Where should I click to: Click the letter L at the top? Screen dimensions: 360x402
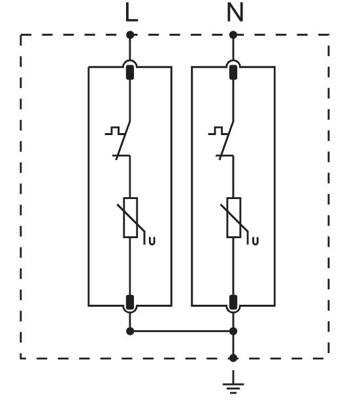click(131, 13)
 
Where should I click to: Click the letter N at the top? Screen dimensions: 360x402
click(235, 13)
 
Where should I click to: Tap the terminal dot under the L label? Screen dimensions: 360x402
click(131, 35)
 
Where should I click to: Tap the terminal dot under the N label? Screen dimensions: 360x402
click(233, 35)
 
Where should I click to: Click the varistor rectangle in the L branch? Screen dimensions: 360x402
click(131, 218)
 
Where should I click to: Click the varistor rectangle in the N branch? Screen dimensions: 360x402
click(234, 218)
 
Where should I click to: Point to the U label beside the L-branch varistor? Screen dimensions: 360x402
click(152, 241)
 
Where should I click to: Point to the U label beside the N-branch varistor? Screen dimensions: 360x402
click(255, 241)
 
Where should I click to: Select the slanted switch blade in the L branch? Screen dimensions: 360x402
click(123, 140)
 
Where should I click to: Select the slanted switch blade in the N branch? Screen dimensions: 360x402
click(227, 140)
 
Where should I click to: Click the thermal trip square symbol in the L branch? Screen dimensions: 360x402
click(114, 131)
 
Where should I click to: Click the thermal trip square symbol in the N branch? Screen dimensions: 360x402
click(218, 131)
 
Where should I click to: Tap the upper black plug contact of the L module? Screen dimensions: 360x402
click(131, 72)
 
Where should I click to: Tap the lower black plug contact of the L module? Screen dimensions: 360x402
click(131, 302)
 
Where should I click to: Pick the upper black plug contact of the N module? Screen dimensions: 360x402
click(233, 72)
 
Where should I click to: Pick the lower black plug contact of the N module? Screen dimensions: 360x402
click(233, 302)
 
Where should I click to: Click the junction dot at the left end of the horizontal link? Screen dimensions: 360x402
click(131, 332)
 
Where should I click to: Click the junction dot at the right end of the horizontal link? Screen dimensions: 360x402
click(233, 332)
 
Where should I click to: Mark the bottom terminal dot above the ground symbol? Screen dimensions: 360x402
click(233, 358)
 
